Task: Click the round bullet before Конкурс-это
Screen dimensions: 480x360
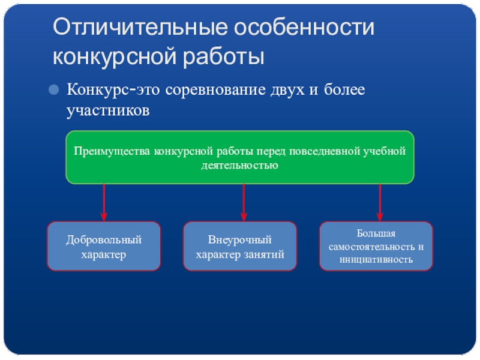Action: point(55,91)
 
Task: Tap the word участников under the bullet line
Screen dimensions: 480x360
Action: point(107,110)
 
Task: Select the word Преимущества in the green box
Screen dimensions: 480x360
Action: point(112,151)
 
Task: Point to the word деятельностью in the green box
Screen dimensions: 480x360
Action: point(240,164)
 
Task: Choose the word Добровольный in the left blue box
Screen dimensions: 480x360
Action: point(104,240)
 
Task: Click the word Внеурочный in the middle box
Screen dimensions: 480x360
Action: point(240,240)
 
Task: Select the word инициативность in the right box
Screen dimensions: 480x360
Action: point(376,260)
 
